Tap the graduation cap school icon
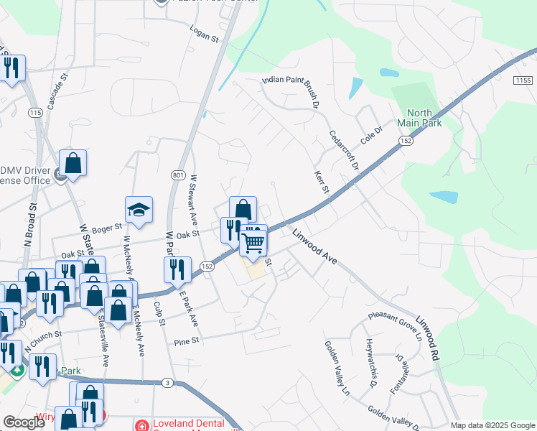click(x=139, y=209)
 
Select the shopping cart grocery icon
click(x=253, y=242)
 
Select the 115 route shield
click(x=35, y=113)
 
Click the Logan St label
click(x=204, y=32)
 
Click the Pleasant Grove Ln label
click(x=394, y=325)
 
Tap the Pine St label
click(x=185, y=343)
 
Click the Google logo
click(x=24, y=422)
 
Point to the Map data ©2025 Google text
click(x=493, y=425)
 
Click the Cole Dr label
click(x=373, y=134)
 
